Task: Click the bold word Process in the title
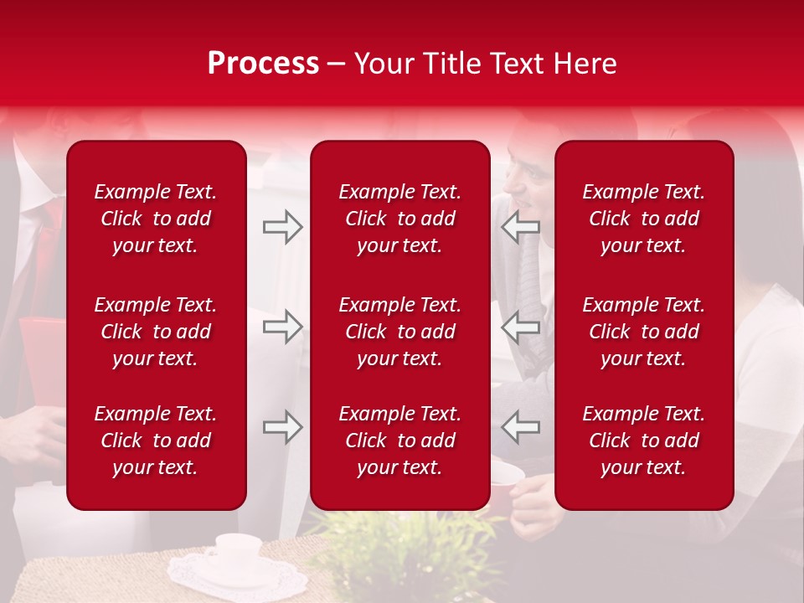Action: (x=263, y=64)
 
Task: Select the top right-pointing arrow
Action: (x=282, y=227)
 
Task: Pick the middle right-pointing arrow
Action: (x=282, y=327)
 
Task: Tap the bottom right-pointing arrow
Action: (x=282, y=428)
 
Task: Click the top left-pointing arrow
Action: (x=520, y=227)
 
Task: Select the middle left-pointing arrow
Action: (x=520, y=327)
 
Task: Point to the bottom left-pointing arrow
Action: (x=520, y=428)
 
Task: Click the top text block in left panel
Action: (x=156, y=219)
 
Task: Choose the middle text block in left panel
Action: (x=156, y=332)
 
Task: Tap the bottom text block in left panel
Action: (x=156, y=441)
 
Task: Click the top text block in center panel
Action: (x=400, y=219)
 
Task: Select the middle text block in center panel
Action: (x=400, y=332)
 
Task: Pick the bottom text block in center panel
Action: (x=400, y=441)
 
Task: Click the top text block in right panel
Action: (x=644, y=219)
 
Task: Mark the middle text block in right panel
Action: (x=644, y=332)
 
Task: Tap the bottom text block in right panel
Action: (x=644, y=441)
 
